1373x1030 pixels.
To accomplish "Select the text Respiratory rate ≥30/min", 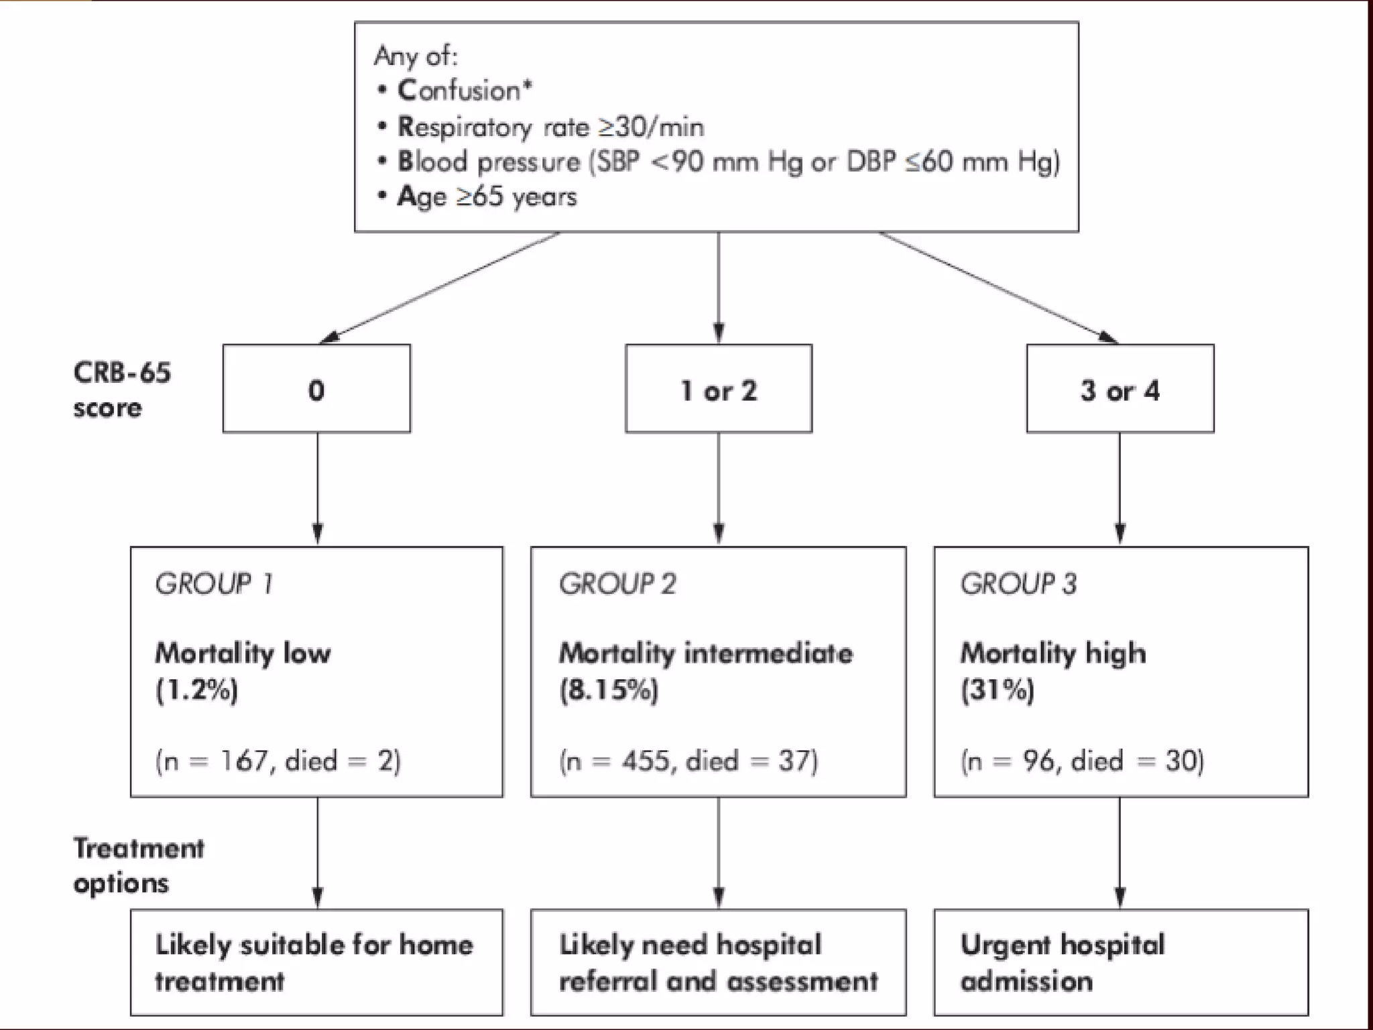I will tap(550, 127).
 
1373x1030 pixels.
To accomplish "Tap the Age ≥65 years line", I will tap(487, 197).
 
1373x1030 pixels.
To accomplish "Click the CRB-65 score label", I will tap(121, 390).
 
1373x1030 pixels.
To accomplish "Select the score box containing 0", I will tap(316, 389).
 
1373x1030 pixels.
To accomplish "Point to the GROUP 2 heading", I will tap(617, 583).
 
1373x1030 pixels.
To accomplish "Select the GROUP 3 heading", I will tap(1018, 583).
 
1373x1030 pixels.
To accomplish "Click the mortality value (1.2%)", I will tap(197, 690).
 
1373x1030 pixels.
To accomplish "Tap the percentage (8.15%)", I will tap(609, 690).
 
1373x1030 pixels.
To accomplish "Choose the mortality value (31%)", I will tap(998, 690).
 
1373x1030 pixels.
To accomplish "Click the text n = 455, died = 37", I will tap(689, 761).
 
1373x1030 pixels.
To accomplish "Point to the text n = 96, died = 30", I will tap(1082, 761).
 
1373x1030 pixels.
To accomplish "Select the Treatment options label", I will tap(138, 866).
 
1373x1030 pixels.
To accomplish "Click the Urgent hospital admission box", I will tap(1120, 962).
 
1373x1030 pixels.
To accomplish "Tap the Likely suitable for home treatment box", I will tap(316, 962).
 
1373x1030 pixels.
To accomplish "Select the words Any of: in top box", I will tap(416, 56).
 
